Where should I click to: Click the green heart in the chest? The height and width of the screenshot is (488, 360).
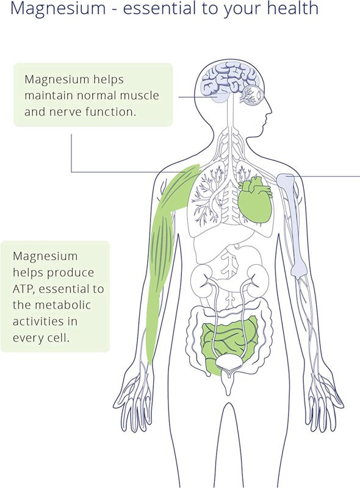[x=256, y=201]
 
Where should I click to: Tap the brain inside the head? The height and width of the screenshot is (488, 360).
[x=229, y=81]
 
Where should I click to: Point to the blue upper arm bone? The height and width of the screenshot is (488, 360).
[x=293, y=224]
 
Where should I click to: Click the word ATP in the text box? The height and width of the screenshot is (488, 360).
[x=23, y=289]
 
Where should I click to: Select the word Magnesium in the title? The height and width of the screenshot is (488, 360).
[x=58, y=8]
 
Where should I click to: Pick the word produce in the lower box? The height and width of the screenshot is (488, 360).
[x=71, y=273]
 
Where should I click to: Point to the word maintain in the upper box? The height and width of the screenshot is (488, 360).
[x=49, y=95]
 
